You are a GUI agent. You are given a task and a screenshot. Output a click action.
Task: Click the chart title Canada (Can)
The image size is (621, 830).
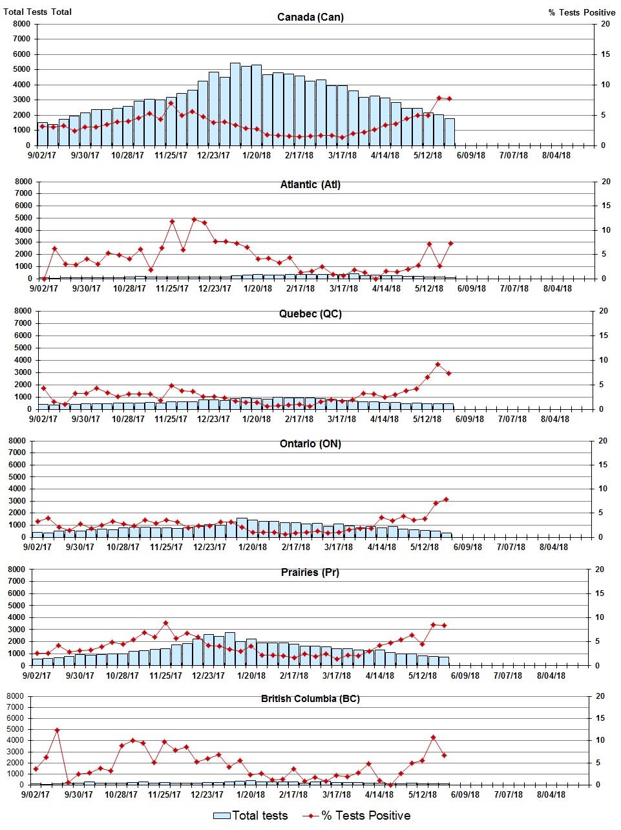coord(310,17)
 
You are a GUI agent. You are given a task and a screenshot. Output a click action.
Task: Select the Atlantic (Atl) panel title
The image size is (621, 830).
coord(310,185)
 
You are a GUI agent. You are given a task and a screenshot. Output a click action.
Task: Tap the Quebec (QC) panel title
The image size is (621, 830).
coord(310,314)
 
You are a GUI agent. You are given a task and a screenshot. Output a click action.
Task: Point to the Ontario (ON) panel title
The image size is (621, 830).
coord(310,444)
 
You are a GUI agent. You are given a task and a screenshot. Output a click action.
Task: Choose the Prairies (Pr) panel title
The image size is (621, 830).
coord(310,573)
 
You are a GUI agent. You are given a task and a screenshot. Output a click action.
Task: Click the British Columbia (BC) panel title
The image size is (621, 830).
coord(310,699)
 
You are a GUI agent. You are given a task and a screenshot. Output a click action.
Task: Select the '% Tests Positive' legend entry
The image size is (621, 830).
coord(358,816)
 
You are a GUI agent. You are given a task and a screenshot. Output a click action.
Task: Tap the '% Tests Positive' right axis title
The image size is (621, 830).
coord(582,12)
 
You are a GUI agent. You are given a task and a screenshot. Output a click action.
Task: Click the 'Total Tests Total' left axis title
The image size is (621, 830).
coord(37,12)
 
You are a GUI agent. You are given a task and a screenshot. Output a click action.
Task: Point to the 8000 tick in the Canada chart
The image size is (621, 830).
coord(21,24)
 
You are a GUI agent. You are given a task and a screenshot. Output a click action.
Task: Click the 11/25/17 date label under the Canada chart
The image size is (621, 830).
coord(171,155)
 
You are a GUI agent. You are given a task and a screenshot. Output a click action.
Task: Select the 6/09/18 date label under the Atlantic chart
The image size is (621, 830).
coord(472,288)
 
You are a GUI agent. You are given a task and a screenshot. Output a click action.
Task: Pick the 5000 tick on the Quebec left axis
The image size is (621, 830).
coord(22,348)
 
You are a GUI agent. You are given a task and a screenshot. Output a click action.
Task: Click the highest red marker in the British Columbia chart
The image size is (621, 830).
coord(57,730)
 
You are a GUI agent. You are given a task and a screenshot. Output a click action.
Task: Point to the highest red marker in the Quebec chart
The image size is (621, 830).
coord(437,365)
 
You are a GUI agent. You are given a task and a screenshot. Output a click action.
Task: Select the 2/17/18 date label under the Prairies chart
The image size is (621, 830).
coord(294,676)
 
